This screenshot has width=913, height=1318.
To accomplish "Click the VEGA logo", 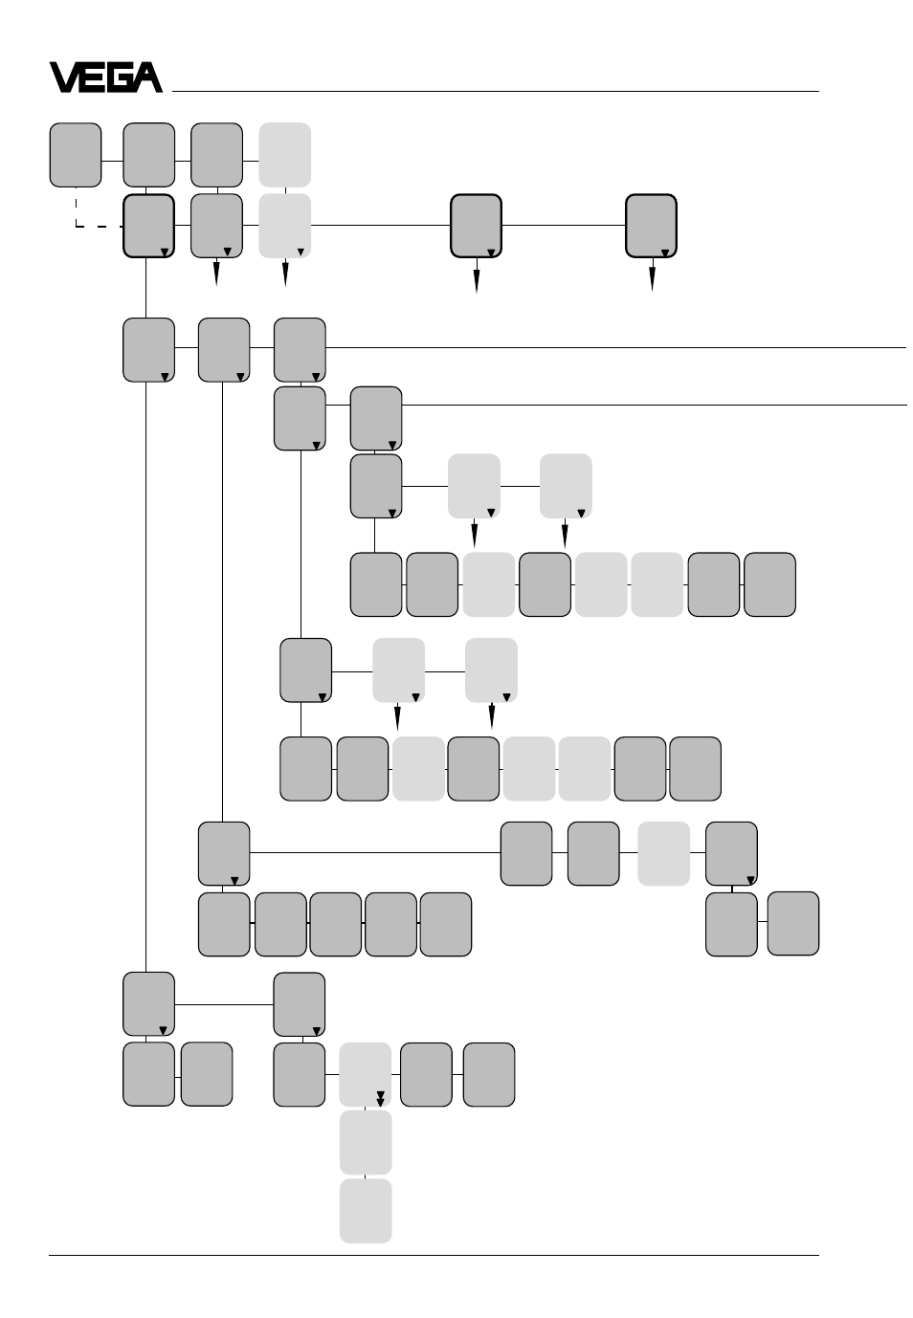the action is click(106, 77).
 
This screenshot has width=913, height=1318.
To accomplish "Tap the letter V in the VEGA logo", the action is click(63, 77).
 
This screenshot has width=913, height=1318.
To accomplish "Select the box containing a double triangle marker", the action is click(365, 1074).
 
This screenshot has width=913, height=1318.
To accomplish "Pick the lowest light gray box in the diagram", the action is click(366, 1210).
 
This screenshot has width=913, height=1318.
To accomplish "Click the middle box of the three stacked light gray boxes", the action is click(366, 1142).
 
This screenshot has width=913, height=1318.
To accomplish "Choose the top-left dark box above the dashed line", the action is click(76, 155).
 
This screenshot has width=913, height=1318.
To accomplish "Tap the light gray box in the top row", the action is click(285, 155).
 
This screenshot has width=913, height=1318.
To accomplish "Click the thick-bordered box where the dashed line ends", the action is click(149, 226).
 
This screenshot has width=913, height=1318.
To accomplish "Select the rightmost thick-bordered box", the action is click(651, 226).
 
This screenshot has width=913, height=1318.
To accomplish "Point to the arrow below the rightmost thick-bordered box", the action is click(652, 275).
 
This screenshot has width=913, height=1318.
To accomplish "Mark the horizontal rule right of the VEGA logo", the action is click(495, 91).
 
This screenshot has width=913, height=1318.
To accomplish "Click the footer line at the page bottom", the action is click(434, 1256).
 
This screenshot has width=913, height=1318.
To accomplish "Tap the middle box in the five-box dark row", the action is click(336, 924).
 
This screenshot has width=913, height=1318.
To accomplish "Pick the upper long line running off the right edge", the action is click(615, 348).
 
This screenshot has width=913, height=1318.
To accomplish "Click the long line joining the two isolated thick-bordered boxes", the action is click(564, 225).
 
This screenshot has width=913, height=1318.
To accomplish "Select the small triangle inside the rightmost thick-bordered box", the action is click(664, 253).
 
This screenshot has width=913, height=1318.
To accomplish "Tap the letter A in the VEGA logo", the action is click(147, 77).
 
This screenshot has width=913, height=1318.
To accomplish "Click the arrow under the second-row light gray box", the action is click(285, 272).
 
